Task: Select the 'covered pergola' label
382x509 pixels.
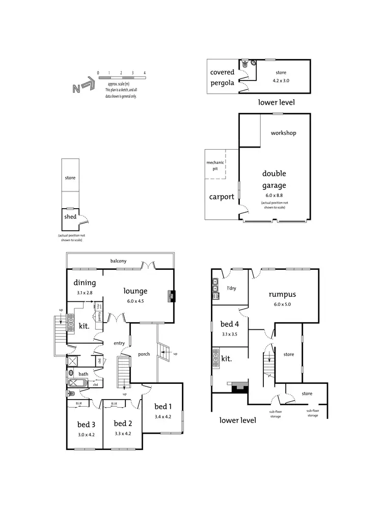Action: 223,77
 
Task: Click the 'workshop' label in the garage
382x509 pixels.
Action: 283,133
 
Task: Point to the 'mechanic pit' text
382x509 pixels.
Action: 215,166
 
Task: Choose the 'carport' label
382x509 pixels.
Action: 222,196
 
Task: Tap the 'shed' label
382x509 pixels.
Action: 70,217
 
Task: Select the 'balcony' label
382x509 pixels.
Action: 119,261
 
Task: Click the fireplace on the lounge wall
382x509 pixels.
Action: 172,296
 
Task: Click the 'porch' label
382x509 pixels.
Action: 144,354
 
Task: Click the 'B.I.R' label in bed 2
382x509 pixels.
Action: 114,404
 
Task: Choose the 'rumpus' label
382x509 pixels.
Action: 282,294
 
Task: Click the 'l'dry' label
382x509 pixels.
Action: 232,289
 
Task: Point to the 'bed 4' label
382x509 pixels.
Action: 230,324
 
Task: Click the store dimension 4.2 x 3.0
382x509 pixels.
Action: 281,80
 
